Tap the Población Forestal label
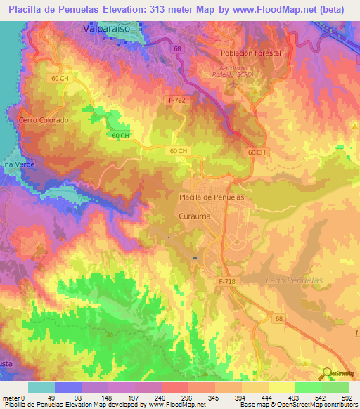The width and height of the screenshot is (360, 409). [250, 53]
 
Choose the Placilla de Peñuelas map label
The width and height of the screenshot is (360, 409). [212, 197]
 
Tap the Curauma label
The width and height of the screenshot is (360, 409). [194, 216]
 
